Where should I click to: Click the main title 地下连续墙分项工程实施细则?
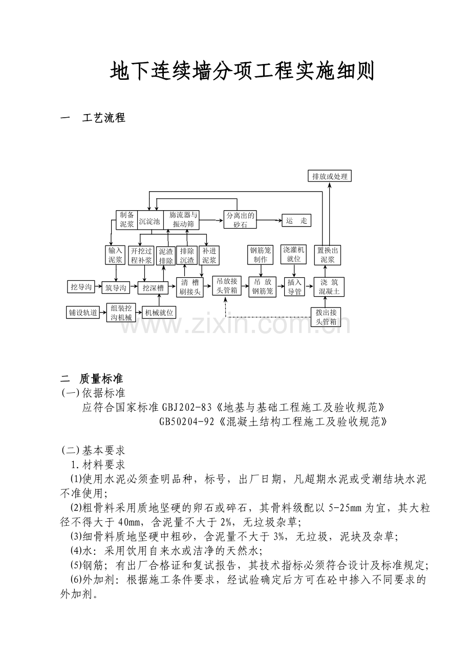[x=242, y=72]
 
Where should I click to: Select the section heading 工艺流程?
[x=103, y=118]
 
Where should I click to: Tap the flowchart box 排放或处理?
[x=330, y=176]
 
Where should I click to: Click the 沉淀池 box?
[x=149, y=221]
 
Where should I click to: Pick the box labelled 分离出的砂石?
[x=240, y=220]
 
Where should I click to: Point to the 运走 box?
[x=296, y=221]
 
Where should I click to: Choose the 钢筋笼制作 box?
[x=261, y=255]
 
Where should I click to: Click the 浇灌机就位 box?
[x=294, y=255]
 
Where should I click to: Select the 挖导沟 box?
[x=81, y=287]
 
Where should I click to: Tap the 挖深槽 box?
[x=153, y=288]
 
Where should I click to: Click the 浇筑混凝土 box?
[x=329, y=287]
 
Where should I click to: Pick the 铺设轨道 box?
[x=83, y=312]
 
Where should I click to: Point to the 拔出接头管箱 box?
[x=326, y=317]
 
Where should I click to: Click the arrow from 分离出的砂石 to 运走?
[x=269, y=221]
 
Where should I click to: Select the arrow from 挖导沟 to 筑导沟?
[x=98, y=287]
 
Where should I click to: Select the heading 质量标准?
[x=101, y=379]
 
